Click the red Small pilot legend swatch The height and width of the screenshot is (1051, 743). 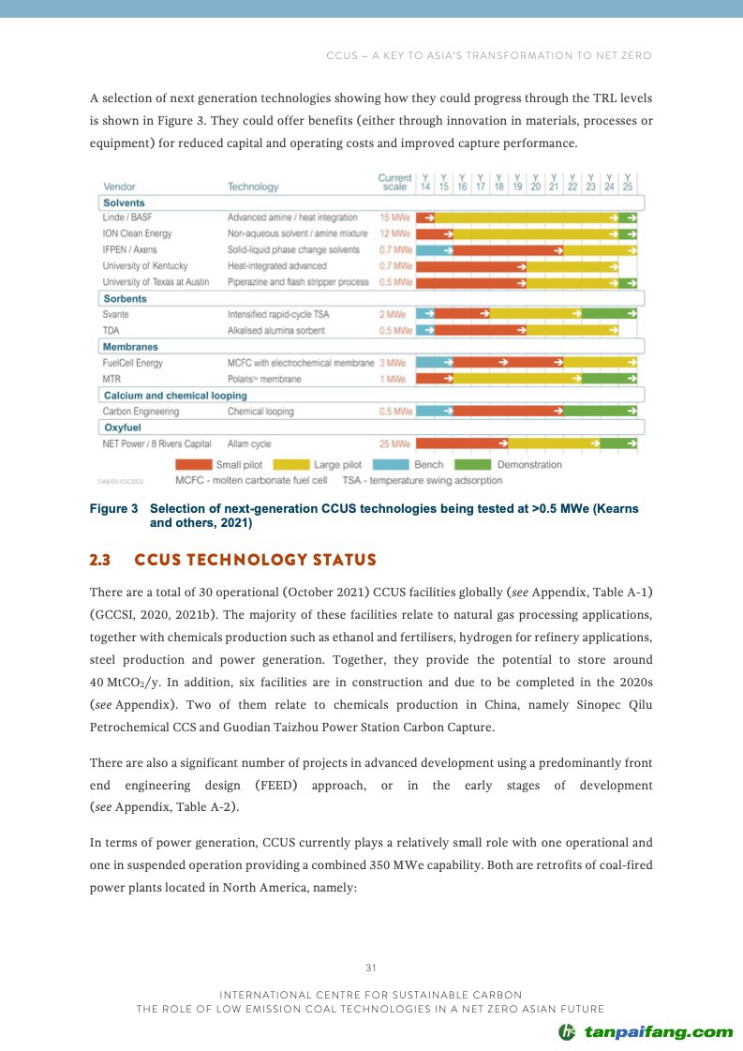(x=194, y=464)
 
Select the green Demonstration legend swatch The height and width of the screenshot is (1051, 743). (x=473, y=464)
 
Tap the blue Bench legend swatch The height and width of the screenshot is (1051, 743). (x=391, y=464)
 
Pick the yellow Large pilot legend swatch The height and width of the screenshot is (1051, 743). (x=292, y=464)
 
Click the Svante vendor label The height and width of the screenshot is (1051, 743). (x=116, y=314)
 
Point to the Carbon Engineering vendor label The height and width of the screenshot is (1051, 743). (x=141, y=412)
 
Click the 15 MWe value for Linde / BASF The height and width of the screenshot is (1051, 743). (x=394, y=218)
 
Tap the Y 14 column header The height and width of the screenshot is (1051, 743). (x=425, y=182)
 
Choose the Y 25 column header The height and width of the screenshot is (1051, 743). (x=628, y=182)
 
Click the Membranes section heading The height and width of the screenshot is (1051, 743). (x=130, y=347)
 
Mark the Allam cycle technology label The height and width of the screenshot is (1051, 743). (x=249, y=443)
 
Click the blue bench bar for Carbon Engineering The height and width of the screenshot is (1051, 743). (x=434, y=411)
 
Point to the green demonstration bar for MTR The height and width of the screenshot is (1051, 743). (x=609, y=379)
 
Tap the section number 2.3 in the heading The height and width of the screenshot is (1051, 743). (x=99, y=561)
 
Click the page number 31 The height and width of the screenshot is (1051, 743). (x=371, y=968)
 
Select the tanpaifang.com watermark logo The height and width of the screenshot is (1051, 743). (x=646, y=1032)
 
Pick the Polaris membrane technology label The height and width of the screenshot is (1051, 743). (x=264, y=379)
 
